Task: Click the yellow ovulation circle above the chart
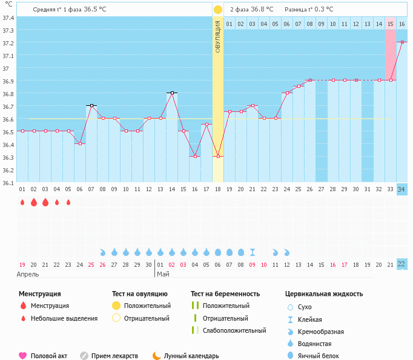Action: tap(218, 10)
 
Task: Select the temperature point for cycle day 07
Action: tap(91, 106)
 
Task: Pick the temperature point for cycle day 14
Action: tap(172, 93)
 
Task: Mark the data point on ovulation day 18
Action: tap(218, 156)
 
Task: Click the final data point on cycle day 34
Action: tap(401, 42)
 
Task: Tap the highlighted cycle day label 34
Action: tap(401, 189)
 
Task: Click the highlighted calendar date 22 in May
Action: tap(401, 264)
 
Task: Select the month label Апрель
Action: tap(28, 275)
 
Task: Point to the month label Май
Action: tap(163, 275)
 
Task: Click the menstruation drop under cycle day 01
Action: tap(22, 203)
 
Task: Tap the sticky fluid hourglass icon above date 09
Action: tap(253, 252)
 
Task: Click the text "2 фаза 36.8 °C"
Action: tap(251, 10)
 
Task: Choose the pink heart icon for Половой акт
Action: tap(23, 356)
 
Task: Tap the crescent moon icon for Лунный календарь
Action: tap(157, 356)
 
